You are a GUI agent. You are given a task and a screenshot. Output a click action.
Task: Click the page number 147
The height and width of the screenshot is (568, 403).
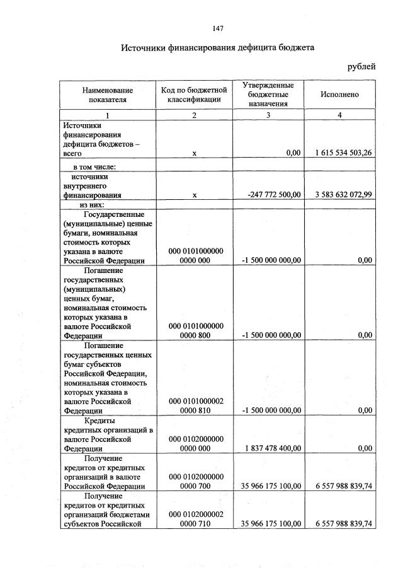pyautogui.click(x=218, y=28)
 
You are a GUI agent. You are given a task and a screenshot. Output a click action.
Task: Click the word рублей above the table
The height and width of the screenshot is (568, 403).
pyautogui.click(x=361, y=66)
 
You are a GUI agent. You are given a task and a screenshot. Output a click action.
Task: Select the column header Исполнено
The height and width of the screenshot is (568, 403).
pyautogui.click(x=340, y=94)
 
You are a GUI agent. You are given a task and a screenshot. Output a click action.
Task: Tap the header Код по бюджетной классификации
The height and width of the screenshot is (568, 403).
pyautogui.click(x=194, y=94)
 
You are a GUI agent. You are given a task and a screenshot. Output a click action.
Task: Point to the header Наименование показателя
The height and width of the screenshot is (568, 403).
pyautogui.click(x=107, y=94)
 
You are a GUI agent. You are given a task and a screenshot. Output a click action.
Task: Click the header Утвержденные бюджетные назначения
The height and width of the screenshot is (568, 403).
pyautogui.click(x=268, y=94)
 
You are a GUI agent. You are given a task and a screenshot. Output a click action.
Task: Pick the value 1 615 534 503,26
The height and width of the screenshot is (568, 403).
pyautogui.click(x=339, y=153)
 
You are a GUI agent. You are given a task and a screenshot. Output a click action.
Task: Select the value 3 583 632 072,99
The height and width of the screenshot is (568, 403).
pyautogui.click(x=339, y=195)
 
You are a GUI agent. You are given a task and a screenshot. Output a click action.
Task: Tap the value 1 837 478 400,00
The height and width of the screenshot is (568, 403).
pyautogui.click(x=272, y=448)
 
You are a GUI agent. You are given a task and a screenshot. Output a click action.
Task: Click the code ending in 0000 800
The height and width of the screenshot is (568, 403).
pyautogui.click(x=194, y=335)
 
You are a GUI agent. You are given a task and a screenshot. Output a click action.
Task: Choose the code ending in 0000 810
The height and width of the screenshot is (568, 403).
pyautogui.click(x=194, y=410)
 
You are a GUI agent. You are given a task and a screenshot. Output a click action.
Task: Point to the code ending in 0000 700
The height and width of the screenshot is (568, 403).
pyautogui.click(x=194, y=486)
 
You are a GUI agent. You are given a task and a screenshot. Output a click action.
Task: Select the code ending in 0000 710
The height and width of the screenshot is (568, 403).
pyautogui.click(x=194, y=524)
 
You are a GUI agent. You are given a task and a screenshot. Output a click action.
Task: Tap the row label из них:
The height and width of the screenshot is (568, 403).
pyautogui.click(x=91, y=204)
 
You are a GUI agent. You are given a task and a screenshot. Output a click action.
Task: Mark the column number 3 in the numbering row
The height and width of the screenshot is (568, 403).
pyautogui.click(x=268, y=115)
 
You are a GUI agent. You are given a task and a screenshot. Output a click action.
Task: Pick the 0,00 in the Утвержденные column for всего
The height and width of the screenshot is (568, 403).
pyautogui.click(x=293, y=153)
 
